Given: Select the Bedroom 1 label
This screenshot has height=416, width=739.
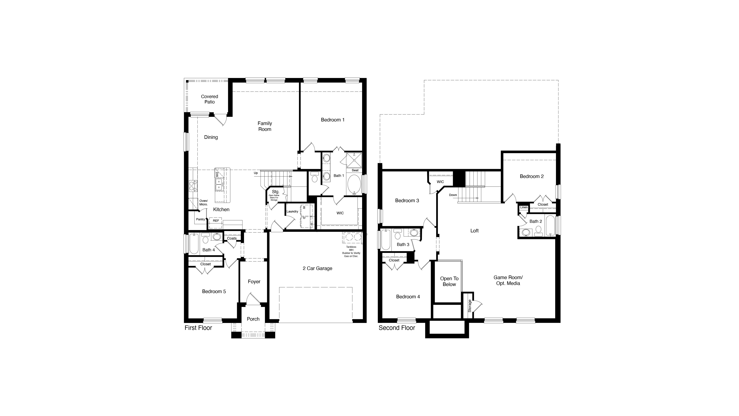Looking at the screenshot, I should pos(333,120).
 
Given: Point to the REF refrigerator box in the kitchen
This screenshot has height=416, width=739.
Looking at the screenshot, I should pos(216,221).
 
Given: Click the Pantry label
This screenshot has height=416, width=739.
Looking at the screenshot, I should pos(200,219).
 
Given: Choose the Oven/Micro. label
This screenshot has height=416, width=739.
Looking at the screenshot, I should pos(203,203).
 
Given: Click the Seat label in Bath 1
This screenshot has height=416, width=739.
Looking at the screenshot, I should pos(355,170).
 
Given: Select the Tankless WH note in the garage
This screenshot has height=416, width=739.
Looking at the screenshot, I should pos(351,251).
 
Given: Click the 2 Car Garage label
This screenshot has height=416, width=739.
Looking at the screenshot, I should pos(317,268).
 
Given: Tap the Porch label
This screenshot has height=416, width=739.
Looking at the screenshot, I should pos(253,319).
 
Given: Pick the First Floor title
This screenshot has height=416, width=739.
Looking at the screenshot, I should pos(198,328).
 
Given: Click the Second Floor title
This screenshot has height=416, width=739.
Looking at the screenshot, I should pos(397,328).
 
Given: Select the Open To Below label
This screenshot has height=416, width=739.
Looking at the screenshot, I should pos(449,281).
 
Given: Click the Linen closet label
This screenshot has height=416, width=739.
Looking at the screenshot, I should pos(524,207).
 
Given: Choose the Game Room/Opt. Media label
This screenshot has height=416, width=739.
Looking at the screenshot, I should pos(508,280).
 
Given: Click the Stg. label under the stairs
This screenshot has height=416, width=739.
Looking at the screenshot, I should pos(275,192).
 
